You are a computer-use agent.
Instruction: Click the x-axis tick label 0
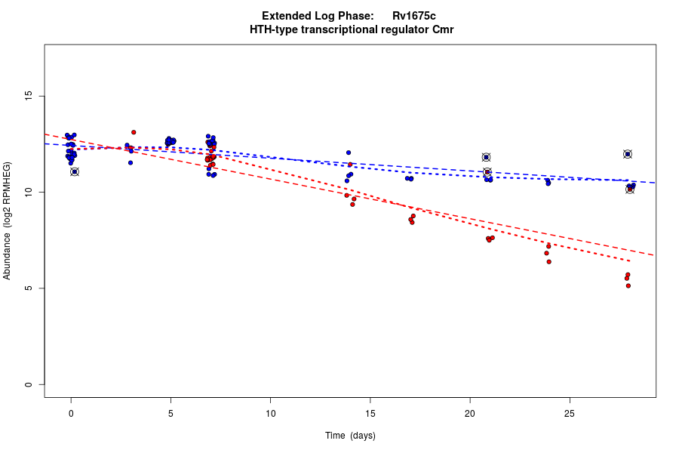71,413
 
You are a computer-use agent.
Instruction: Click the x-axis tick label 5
171,413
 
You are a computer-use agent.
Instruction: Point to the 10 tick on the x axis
270,413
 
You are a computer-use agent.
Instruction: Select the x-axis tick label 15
370,413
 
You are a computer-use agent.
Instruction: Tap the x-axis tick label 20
469,413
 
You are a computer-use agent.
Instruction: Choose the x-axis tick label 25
569,413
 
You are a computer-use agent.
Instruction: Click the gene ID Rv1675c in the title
414,16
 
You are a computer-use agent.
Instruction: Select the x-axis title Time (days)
350,436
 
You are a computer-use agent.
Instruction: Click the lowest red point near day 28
628,285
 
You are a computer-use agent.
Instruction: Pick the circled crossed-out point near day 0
74,171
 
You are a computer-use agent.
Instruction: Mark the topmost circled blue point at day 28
627,154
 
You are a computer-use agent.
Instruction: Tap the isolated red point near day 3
134,132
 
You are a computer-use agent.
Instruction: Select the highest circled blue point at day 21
486,157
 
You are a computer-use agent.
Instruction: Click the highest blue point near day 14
349,153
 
